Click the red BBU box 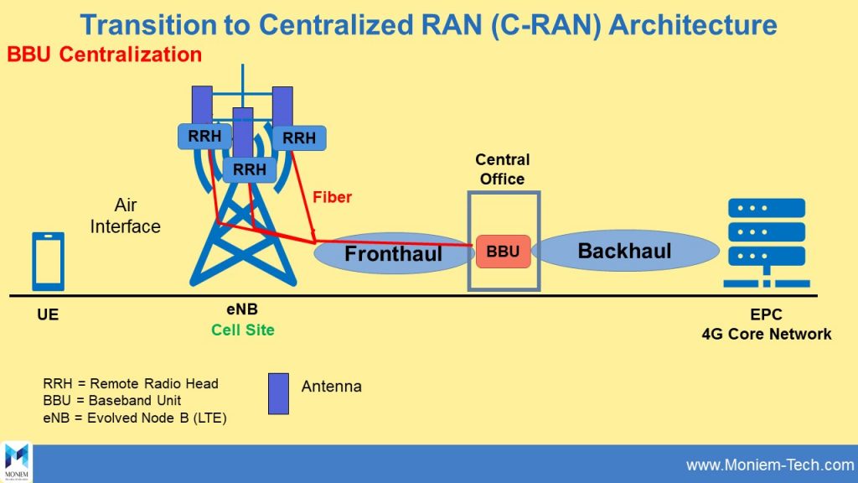pyautogui.click(x=503, y=251)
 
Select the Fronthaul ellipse pyautogui.click(x=393, y=252)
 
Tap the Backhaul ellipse pyautogui.click(x=625, y=250)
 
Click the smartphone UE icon pyautogui.click(x=48, y=261)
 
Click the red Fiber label pyautogui.click(x=332, y=198)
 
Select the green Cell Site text pyautogui.click(x=243, y=330)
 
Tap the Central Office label pyautogui.click(x=503, y=169)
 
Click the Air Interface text pyautogui.click(x=126, y=216)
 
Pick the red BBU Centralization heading pyautogui.click(x=105, y=55)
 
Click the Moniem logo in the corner pyautogui.click(x=17, y=462)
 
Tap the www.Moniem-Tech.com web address pyautogui.click(x=769, y=465)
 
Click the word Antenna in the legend pyautogui.click(x=332, y=387)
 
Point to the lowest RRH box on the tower pyautogui.click(x=250, y=169)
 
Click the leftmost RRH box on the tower pyautogui.click(x=204, y=135)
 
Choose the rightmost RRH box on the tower pyautogui.click(x=299, y=138)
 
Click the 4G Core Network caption pyautogui.click(x=767, y=334)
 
